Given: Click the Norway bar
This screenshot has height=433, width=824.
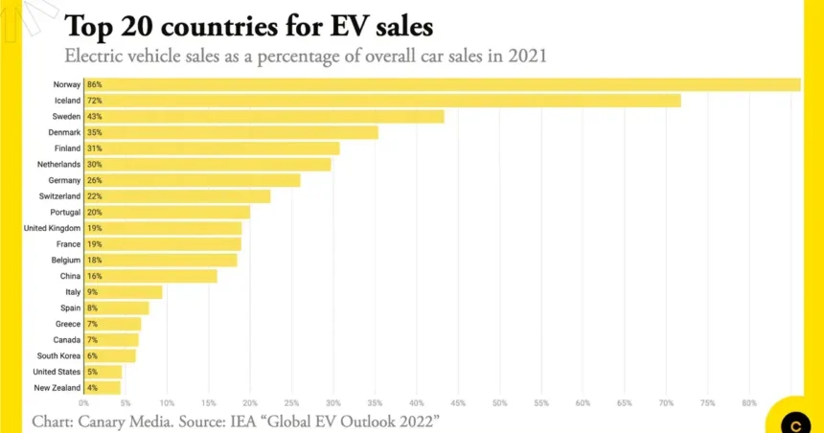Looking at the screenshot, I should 442,84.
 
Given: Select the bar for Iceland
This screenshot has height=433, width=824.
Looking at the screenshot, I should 382,101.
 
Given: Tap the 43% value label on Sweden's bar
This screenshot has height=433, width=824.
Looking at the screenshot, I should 94,117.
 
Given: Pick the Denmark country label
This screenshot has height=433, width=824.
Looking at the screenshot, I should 64,132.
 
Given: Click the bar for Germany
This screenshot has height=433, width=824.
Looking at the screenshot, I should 192,180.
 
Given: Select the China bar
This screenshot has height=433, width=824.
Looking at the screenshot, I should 150,276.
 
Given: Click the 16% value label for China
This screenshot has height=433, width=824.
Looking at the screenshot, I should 94,276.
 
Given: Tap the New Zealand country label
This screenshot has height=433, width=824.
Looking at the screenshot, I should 57,388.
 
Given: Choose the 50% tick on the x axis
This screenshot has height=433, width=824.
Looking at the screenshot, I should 499,402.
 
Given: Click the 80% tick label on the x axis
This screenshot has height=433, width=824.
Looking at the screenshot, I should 748,402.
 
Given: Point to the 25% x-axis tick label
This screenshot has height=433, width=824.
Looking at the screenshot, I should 291,402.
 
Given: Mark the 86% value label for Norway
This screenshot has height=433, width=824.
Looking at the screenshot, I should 94,84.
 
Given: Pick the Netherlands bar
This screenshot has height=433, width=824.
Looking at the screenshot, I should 207,165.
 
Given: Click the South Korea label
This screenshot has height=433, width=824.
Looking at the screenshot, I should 58,355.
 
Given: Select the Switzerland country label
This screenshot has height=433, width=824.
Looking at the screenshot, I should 58,196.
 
